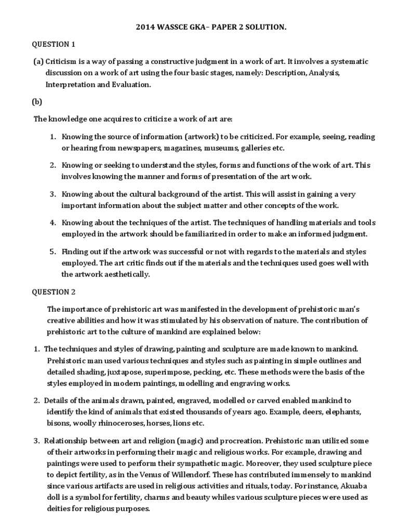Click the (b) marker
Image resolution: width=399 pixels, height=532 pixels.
38,101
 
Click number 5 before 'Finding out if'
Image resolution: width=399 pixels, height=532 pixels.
52,251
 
